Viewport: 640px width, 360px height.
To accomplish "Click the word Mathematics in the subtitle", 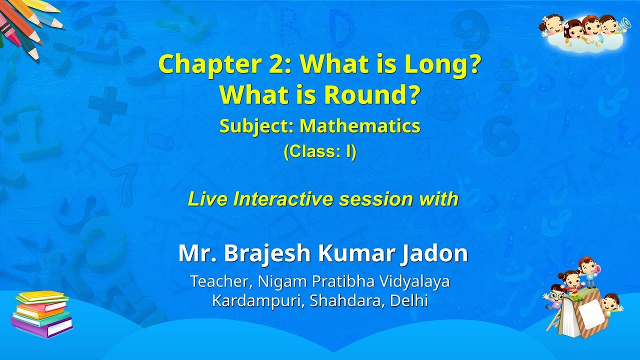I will (x=360, y=126).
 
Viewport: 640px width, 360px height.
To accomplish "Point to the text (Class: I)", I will (x=320, y=152).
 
